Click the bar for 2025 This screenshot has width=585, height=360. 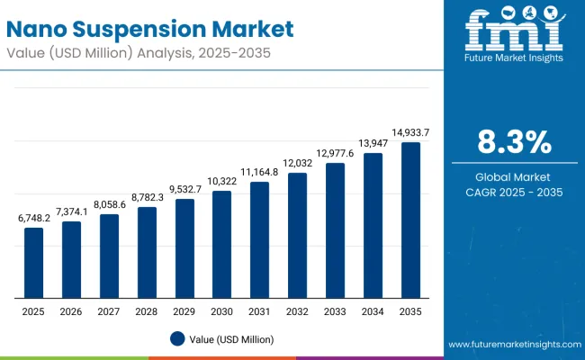point(33,263)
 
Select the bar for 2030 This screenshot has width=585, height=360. point(221,245)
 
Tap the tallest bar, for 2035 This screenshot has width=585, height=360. point(410,220)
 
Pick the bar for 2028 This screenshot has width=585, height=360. point(147,253)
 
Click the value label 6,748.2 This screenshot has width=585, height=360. point(33,218)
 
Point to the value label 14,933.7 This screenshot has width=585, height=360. point(410,132)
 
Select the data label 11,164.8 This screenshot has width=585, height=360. point(259,172)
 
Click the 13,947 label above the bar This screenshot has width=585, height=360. point(373,143)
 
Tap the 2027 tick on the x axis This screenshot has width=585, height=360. point(109,310)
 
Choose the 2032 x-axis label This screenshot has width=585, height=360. point(297,310)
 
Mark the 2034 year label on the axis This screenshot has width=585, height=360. point(373,310)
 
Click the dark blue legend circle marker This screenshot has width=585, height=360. point(178,338)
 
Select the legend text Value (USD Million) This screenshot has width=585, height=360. point(231,338)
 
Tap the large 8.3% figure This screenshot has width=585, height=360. point(512,141)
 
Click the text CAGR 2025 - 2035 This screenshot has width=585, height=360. point(512,192)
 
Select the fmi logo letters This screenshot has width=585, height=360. point(512,31)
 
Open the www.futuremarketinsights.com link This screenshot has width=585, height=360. point(512,345)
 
